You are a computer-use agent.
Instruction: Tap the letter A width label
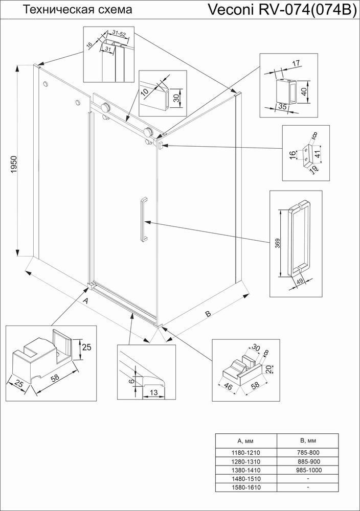pyautogui.click(x=86, y=301)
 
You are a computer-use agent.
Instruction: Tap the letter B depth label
pyautogui.click(x=208, y=314)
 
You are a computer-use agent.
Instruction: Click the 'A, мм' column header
pyautogui.click(x=246, y=441)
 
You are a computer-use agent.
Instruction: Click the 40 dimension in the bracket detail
pyautogui.click(x=304, y=91)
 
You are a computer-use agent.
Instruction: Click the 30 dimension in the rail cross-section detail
pyautogui.click(x=176, y=98)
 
